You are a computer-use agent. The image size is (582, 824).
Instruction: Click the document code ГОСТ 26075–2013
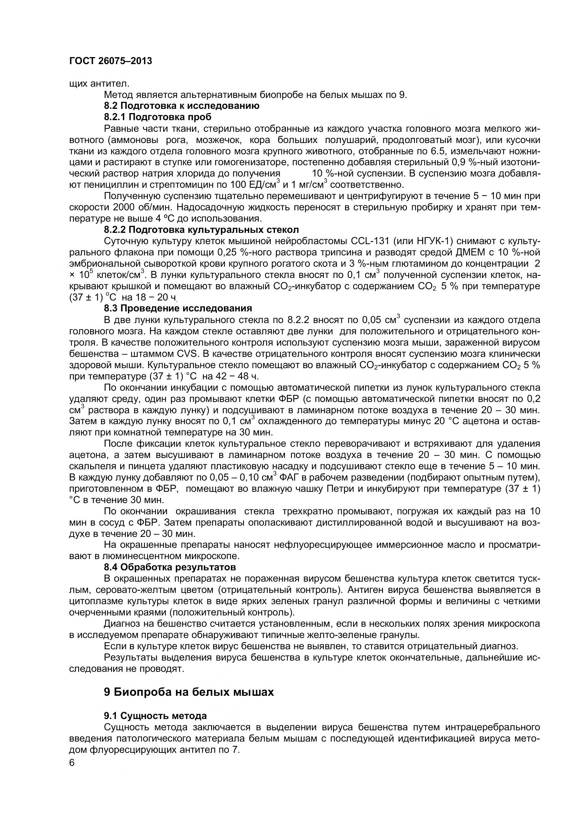tap(111, 61)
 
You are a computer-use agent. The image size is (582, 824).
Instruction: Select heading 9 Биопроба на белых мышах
tap(189, 702)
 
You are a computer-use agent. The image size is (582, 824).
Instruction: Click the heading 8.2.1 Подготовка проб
tap(157, 117)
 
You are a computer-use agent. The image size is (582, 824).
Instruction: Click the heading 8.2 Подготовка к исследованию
tap(181, 106)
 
